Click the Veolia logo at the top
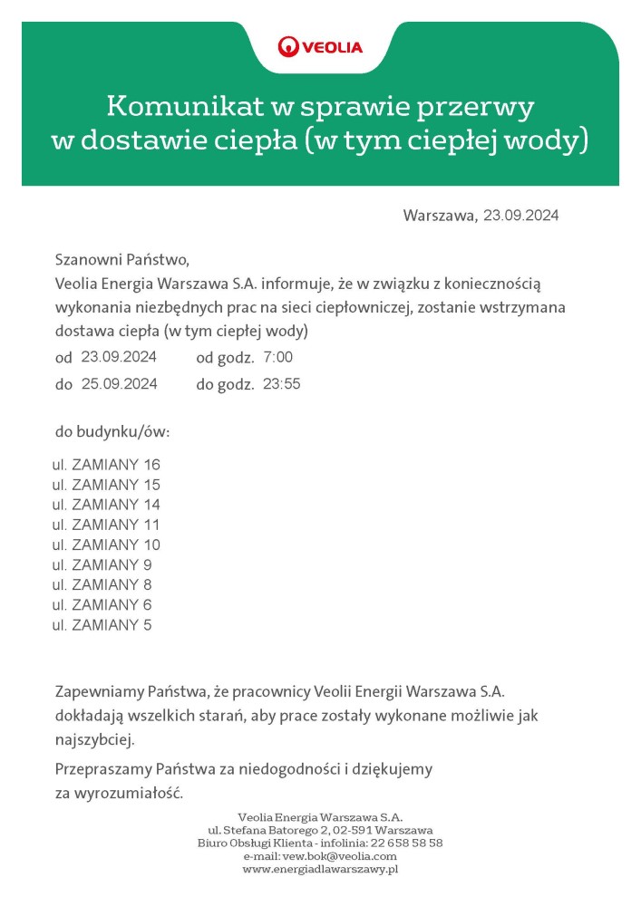pos(320,46)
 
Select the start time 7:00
pos(277,357)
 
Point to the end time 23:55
pos(281,384)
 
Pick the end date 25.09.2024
pos(119,384)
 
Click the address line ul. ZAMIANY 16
pos(106,465)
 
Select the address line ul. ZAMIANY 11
pos(106,525)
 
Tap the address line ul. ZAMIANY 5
pos(102,625)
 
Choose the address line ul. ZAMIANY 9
pos(102,565)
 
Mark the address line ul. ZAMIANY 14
pos(106,505)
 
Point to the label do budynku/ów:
pos(112,431)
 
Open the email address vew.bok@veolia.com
pos(340,855)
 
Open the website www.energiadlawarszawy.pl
pos(321,869)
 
